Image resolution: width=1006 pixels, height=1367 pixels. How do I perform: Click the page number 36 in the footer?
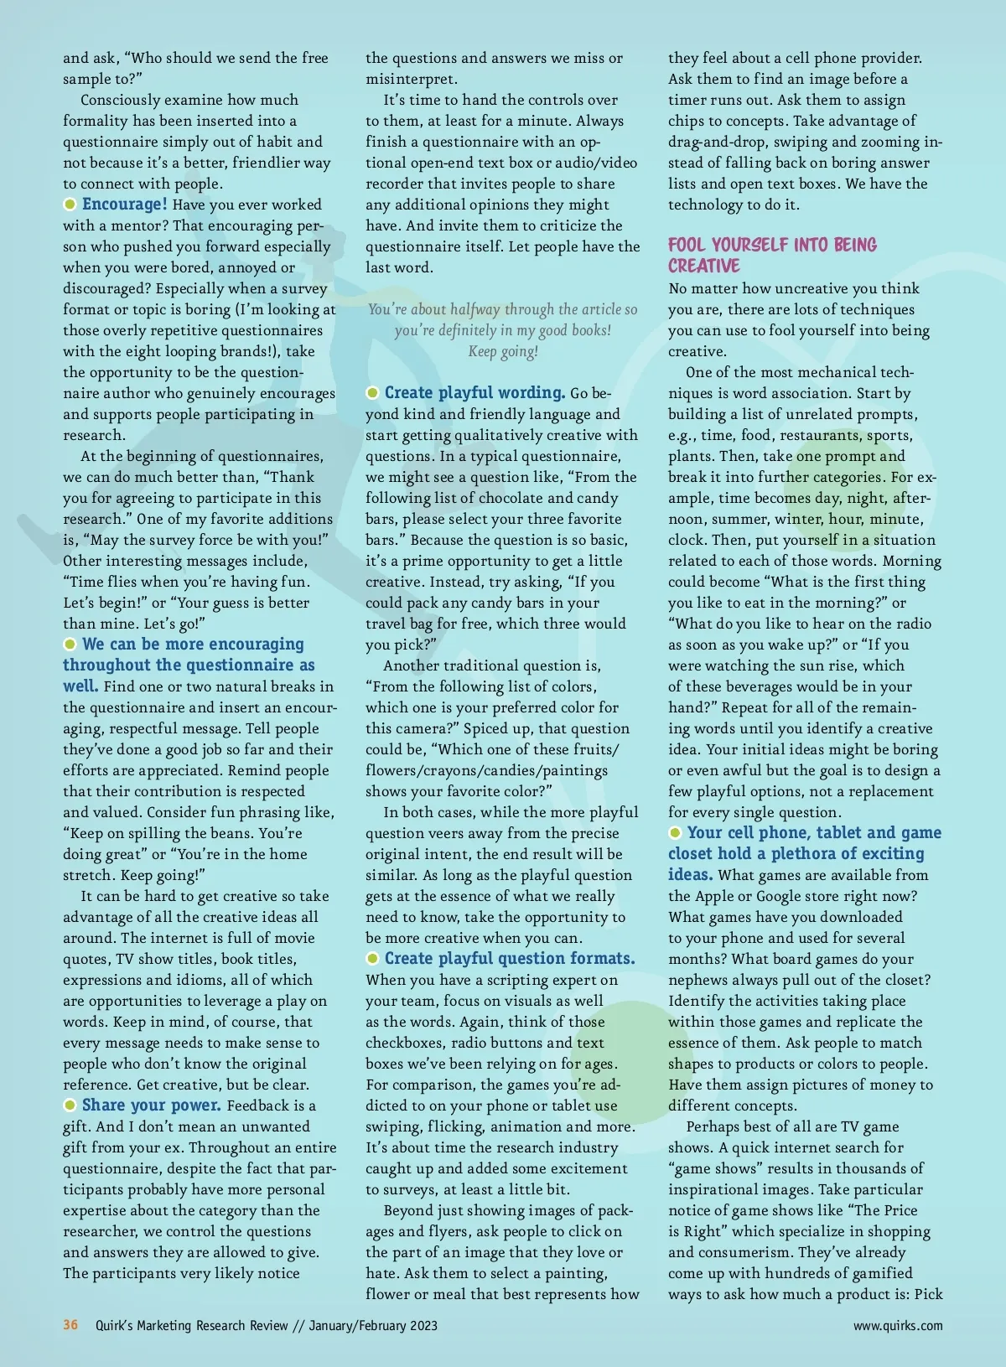tap(70, 1325)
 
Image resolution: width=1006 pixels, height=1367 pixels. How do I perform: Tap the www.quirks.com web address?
tap(898, 1326)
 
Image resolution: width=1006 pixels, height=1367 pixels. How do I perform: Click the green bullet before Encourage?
tap(70, 205)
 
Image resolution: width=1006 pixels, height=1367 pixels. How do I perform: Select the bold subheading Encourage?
tap(125, 205)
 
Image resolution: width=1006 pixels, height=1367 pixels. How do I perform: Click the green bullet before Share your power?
tap(70, 1106)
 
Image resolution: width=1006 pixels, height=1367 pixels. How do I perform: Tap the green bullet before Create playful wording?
tap(373, 393)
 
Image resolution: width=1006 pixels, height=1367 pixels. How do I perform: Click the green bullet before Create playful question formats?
tap(373, 959)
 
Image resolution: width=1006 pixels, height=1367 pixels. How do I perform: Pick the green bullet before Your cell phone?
tap(676, 833)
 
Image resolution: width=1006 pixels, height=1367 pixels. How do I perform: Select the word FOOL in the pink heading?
tap(687, 246)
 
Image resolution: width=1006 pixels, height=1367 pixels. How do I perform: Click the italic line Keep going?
tap(503, 351)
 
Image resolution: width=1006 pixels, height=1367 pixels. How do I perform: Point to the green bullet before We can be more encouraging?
tap(70, 645)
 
